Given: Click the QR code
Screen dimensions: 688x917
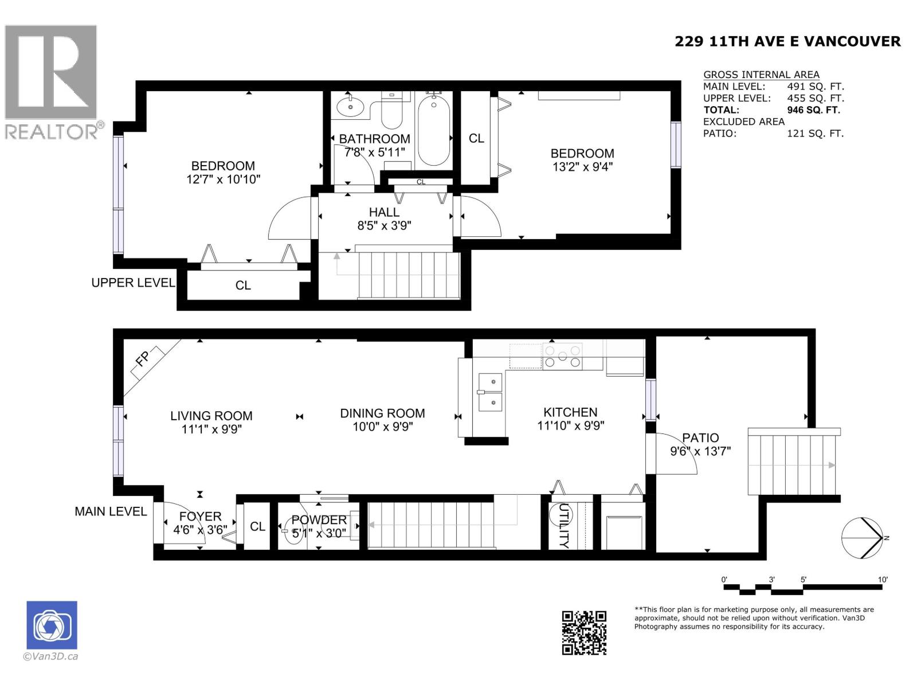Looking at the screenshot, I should coord(583,632).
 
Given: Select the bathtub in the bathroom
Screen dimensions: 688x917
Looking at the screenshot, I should coord(433,131).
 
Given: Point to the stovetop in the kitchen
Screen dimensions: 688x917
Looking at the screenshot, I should coord(562,356).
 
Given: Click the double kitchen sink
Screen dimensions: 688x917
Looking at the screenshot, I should coord(491,393).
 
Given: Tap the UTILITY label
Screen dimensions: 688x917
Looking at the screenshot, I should coord(564,525).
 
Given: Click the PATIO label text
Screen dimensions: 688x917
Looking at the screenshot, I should coord(700,438).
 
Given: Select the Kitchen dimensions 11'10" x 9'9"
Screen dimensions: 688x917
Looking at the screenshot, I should coord(570,426).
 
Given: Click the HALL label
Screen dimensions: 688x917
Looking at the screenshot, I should coord(384,212).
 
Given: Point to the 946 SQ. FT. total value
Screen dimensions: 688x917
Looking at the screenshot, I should coord(813,110).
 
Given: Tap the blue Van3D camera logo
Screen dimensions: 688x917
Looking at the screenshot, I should coord(52,625).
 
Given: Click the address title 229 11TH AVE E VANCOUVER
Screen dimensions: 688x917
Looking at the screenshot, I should coord(787,41).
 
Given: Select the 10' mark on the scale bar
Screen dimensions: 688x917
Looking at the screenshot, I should coord(883,580).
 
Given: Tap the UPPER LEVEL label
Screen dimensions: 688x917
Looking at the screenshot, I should coord(133,283).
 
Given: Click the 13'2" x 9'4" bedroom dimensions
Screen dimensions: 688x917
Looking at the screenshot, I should coord(582,167).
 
